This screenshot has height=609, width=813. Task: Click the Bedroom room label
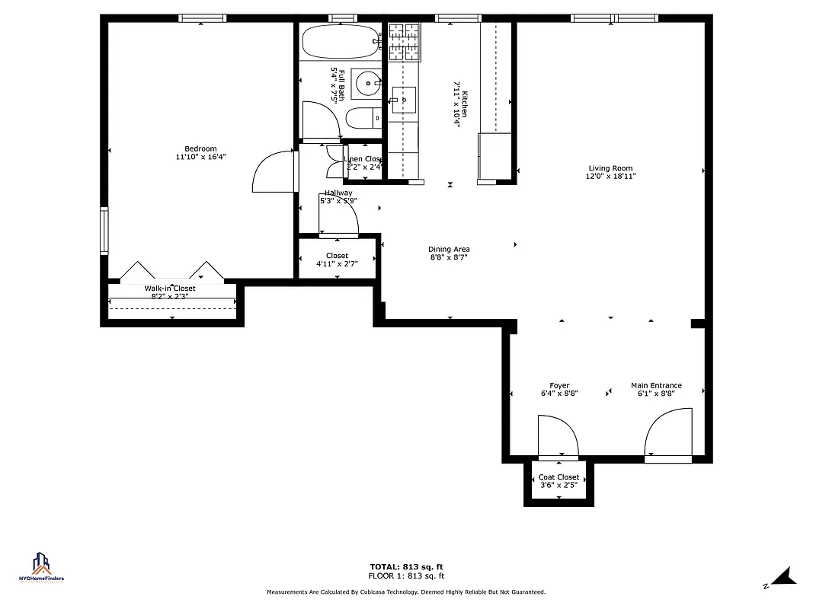200,148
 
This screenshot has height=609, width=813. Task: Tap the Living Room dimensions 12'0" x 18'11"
610,176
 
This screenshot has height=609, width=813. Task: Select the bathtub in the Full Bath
338,42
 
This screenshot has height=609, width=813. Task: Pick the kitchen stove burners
405,42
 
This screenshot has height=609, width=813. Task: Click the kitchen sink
404,99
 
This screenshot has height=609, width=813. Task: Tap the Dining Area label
449,249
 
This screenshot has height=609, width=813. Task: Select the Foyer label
559,386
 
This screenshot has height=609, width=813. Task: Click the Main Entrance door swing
668,435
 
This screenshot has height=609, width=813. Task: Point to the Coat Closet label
559,477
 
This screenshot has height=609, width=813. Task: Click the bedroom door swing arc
273,171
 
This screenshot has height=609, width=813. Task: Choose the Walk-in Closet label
170,289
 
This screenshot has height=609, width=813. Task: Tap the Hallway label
338,193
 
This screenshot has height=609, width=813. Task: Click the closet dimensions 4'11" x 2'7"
337,264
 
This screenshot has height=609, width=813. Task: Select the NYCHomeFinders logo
41,567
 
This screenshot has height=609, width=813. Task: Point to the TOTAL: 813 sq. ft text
406,566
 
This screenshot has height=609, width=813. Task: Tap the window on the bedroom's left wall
104,229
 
